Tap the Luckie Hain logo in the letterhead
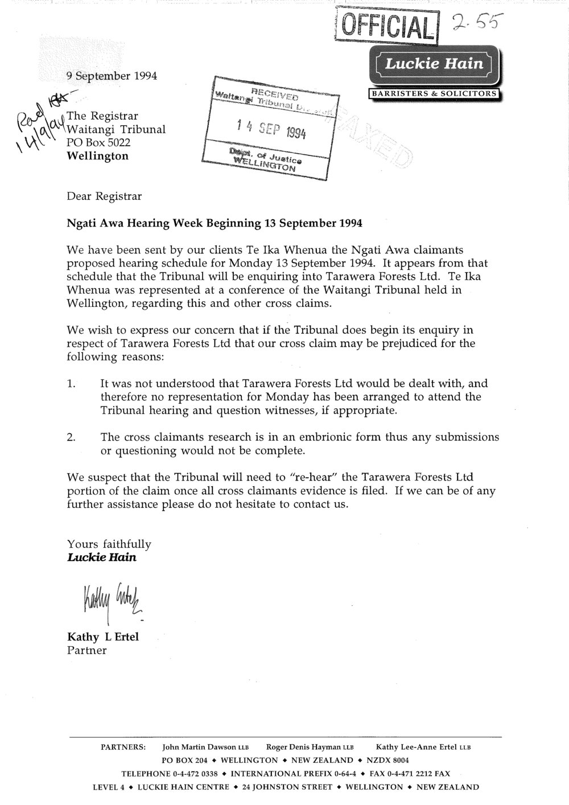pos(435,65)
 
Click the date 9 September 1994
pos(112,76)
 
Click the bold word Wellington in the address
pos(98,156)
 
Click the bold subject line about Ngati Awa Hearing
pos(215,223)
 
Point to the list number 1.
pos(71,384)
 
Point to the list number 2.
pos(71,438)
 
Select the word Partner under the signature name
pos(86,650)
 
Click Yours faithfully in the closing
pos(109,545)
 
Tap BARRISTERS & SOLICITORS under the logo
pos(435,94)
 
